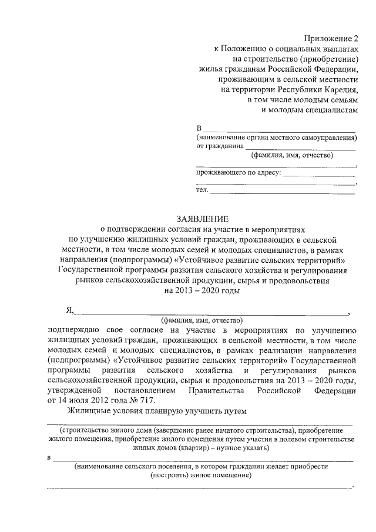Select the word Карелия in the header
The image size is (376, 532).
pos(340,89)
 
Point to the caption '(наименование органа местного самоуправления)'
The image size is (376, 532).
pos(276,138)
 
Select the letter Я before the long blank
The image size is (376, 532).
pos(68,312)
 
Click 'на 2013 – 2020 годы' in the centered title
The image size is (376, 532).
pos(202,290)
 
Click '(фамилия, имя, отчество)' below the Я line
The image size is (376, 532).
pos(202,321)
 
